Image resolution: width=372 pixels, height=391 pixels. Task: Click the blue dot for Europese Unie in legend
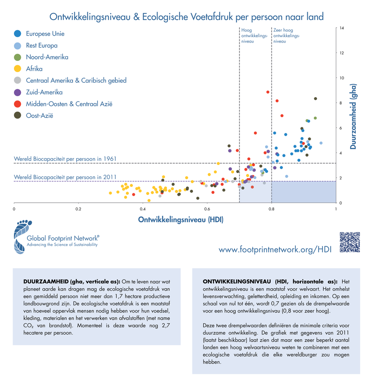[x=18, y=33]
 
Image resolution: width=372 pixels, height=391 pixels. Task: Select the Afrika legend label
[x=34, y=69]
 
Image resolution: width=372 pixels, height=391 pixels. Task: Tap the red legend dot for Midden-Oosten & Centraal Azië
[x=18, y=104]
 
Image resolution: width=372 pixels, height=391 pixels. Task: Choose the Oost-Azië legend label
[x=40, y=115]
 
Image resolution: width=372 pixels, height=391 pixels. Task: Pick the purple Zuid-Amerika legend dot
[x=18, y=92]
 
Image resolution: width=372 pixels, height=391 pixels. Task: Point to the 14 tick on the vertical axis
[x=342, y=28]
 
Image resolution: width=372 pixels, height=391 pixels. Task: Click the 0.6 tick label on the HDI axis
[x=207, y=209]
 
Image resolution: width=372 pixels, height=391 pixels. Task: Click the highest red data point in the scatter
[x=268, y=92]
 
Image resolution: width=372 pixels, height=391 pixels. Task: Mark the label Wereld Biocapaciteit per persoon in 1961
[x=65, y=159]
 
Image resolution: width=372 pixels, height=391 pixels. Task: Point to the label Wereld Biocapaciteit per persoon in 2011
[x=65, y=177]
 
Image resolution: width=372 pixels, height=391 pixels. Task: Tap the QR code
[x=350, y=241]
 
